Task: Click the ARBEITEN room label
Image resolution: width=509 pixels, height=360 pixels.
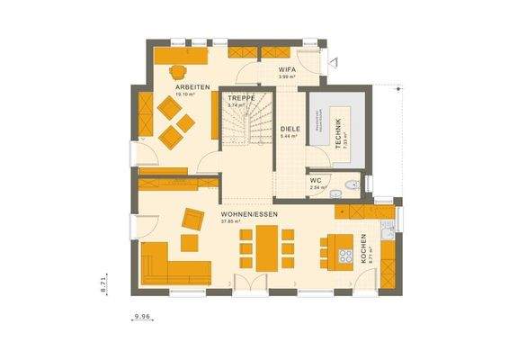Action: pyautogui.click(x=192, y=87)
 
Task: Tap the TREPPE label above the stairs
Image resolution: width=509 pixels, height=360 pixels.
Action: pyautogui.click(x=240, y=97)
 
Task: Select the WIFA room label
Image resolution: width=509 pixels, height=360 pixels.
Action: pyautogui.click(x=287, y=69)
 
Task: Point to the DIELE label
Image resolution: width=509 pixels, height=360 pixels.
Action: pyautogui.click(x=289, y=130)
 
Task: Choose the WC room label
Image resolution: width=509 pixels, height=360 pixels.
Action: pyautogui.click(x=315, y=182)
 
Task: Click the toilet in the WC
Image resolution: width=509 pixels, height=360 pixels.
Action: pyautogui.click(x=353, y=184)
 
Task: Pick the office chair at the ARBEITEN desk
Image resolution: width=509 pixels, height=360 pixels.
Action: pyautogui.click(x=177, y=72)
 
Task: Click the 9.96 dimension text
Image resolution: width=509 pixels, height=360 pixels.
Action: pyautogui.click(x=141, y=317)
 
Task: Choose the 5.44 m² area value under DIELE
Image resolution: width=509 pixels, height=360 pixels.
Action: pyautogui.click(x=289, y=137)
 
